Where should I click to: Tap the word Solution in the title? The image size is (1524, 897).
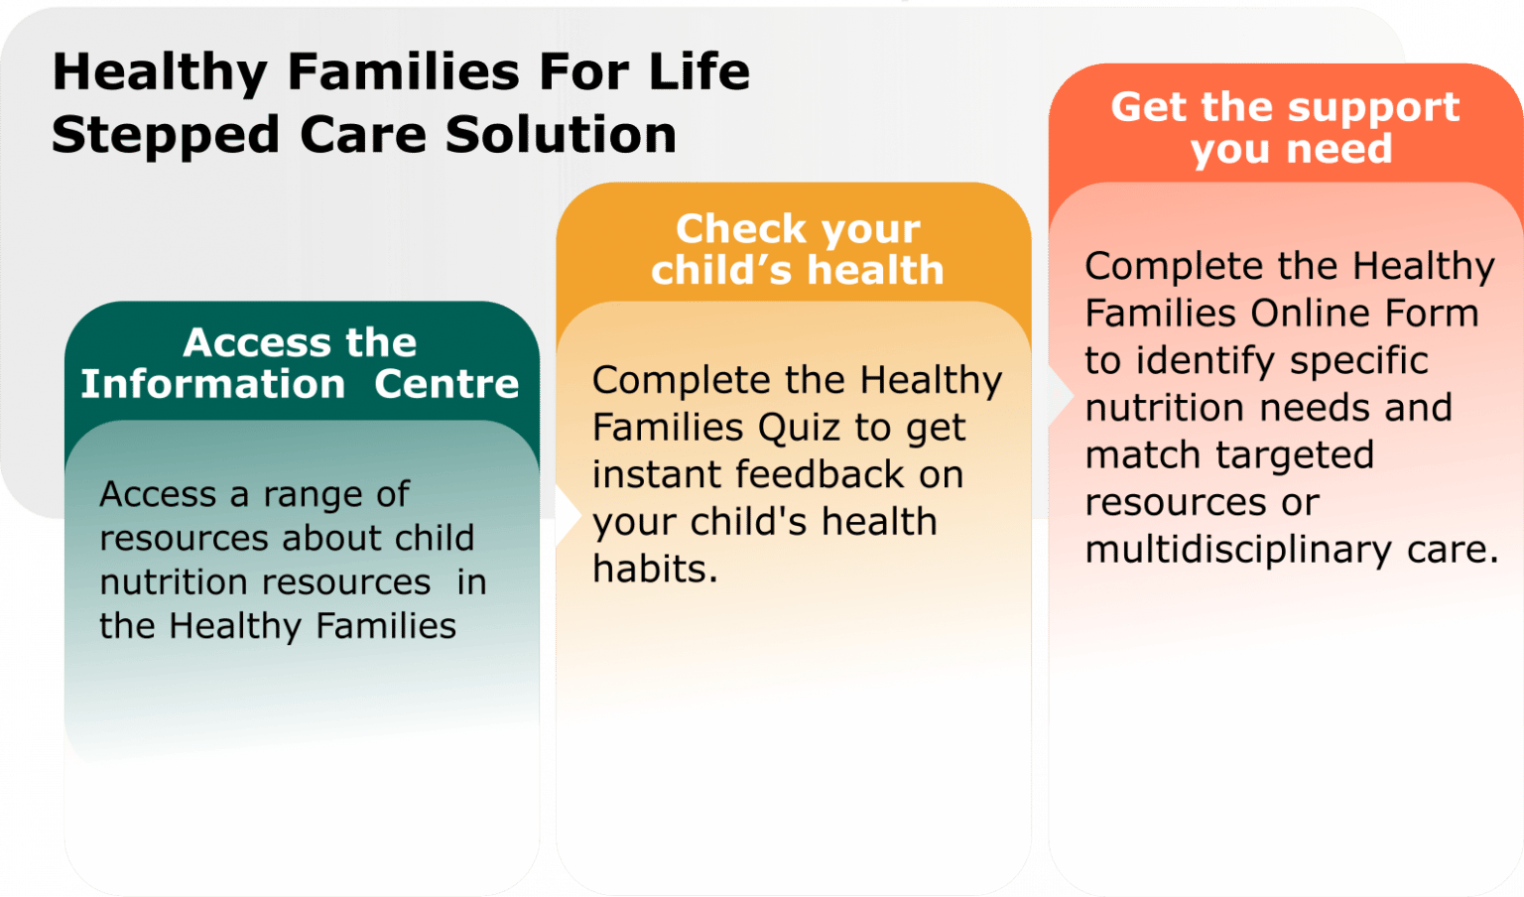pos(561,135)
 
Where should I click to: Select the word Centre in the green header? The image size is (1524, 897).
pos(446,384)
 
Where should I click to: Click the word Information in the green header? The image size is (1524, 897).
pos(212,384)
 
